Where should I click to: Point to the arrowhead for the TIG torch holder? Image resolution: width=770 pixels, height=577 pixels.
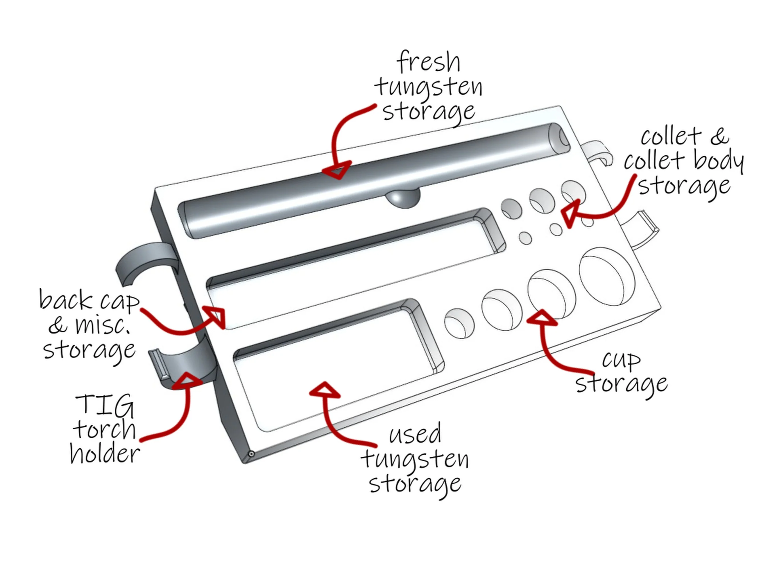coord(187,381)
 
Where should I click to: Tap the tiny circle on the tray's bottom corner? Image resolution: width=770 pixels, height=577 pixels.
coord(251,454)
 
